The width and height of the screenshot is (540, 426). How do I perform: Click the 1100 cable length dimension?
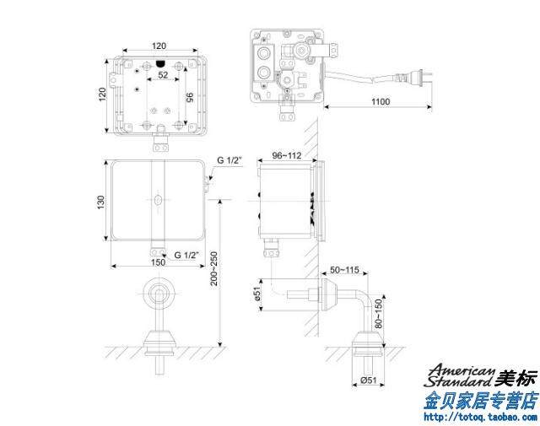[x=381, y=101]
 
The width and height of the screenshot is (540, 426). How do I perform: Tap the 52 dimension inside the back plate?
[x=163, y=75]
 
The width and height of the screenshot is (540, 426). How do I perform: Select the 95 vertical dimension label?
[x=189, y=98]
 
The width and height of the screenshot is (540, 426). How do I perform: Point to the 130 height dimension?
[x=100, y=202]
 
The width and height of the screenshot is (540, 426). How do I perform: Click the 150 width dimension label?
[x=158, y=262]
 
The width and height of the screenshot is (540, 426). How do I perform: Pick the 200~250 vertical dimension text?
[x=214, y=268]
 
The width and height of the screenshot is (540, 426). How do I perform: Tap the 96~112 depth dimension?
[x=287, y=156]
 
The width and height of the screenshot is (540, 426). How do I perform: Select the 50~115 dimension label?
[x=344, y=270]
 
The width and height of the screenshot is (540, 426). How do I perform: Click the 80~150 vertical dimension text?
[x=378, y=314]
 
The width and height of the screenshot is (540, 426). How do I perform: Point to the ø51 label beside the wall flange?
[x=258, y=294]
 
